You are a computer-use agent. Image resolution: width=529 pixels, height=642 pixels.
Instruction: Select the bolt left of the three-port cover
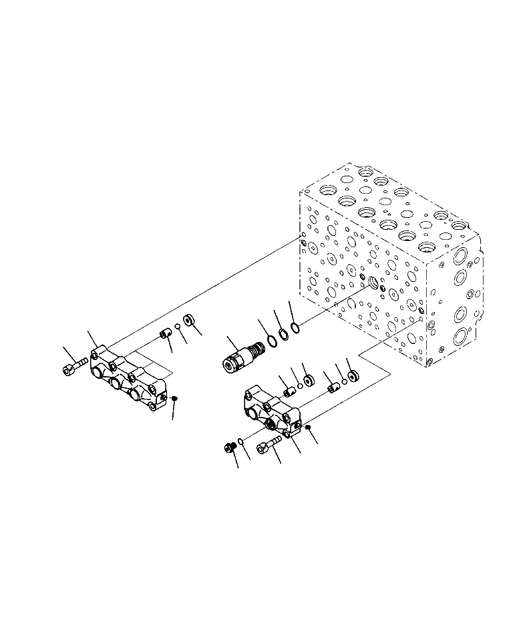75,365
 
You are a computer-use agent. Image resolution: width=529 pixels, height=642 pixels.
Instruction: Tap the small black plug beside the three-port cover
174,399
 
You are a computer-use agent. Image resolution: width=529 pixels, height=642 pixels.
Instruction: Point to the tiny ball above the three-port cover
178,327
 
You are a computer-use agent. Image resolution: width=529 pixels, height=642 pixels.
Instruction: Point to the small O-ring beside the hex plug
240,442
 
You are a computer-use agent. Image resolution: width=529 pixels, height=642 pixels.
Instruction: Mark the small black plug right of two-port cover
308,426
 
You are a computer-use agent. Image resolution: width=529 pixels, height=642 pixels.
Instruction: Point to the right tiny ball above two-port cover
343,381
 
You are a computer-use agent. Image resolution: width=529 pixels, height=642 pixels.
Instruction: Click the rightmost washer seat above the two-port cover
354,375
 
